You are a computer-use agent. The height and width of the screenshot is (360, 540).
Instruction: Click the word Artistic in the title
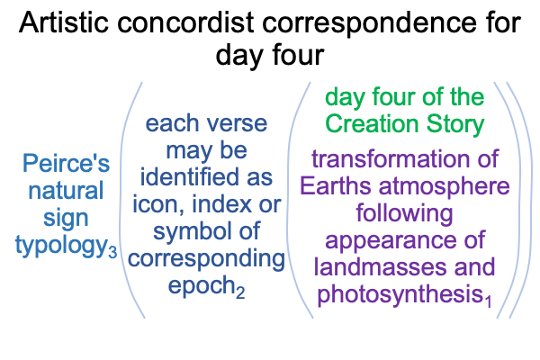(x=64, y=22)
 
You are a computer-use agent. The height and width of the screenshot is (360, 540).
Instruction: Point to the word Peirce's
(x=66, y=163)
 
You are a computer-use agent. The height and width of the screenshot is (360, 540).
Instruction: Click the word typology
(x=61, y=246)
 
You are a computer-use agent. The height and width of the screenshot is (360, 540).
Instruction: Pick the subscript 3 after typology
(x=112, y=252)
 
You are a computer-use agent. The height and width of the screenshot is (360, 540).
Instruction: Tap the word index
(x=221, y=204)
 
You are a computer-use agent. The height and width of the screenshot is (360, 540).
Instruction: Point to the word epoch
(x=202, y=286)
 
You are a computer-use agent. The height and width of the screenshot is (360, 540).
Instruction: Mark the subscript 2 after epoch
(x=240, y=292)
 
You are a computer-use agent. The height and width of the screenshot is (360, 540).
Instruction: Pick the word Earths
(x=335, y=186)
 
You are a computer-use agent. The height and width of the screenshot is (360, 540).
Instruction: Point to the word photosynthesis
(x=400, y=295)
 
